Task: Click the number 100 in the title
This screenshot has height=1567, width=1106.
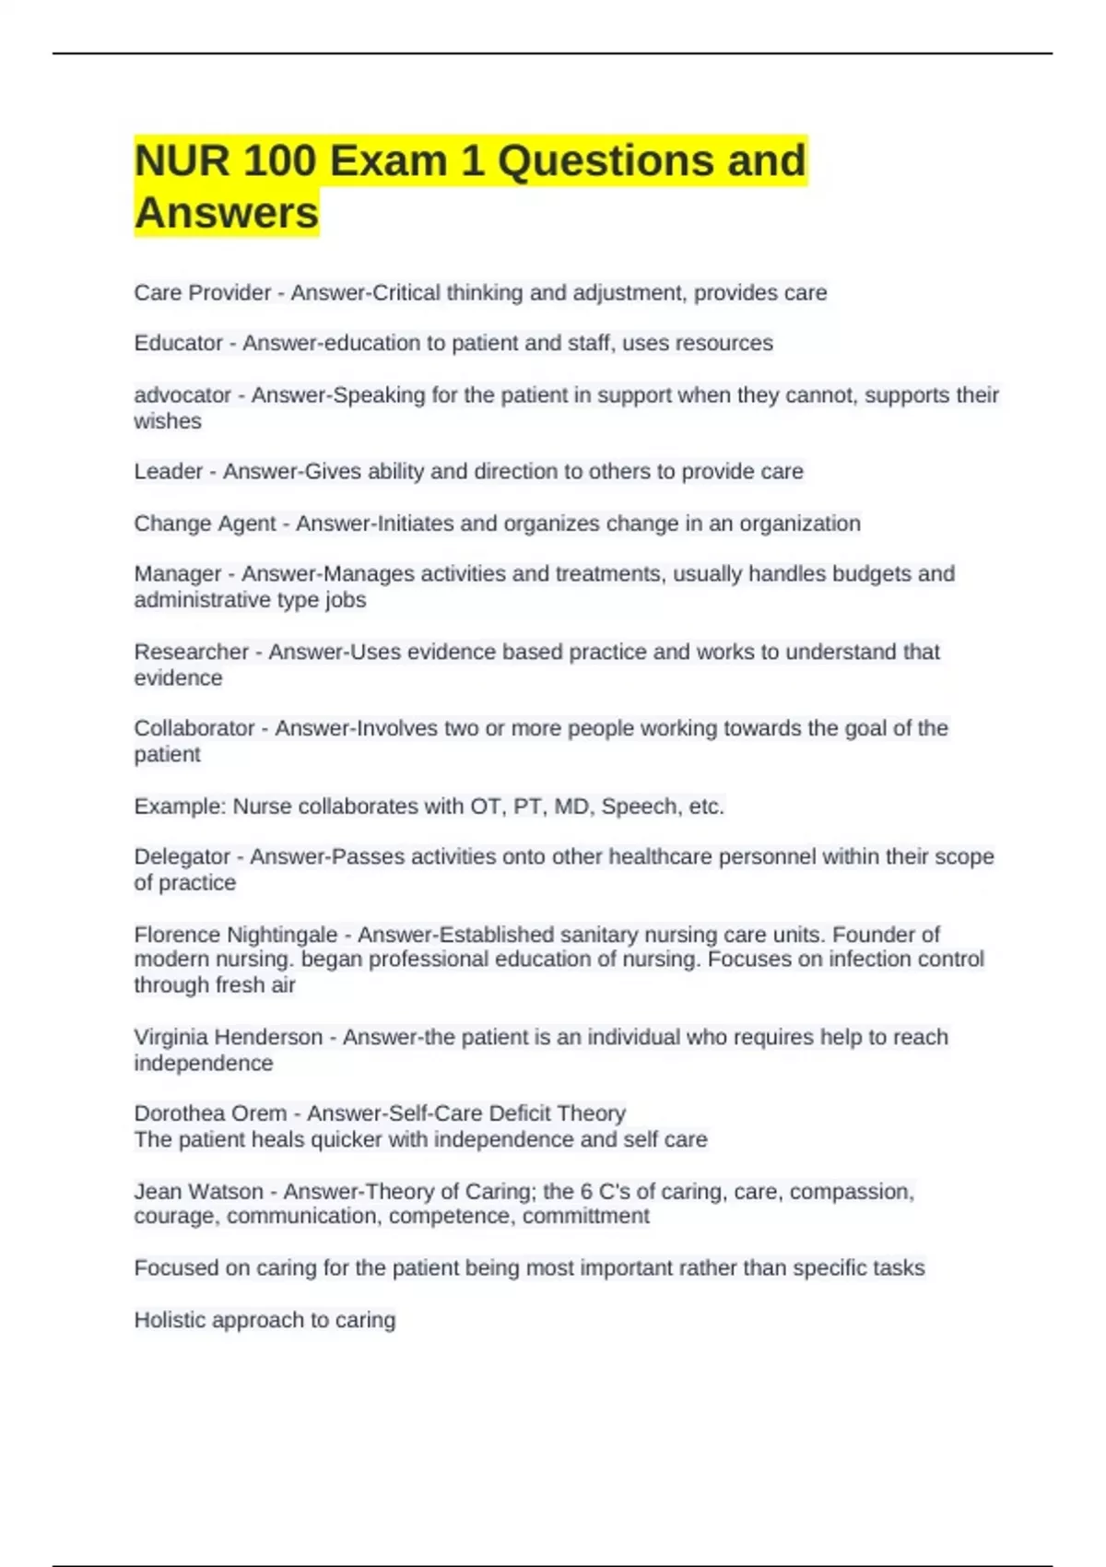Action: click(x=280, y=161)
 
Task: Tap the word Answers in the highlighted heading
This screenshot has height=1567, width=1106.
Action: click(x=227, y=213)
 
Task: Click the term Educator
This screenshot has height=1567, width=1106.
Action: click(x=178, y=343)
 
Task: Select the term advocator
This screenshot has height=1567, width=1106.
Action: click(x=182, y=395)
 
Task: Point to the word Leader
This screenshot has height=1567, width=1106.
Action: click(x=168, y=472)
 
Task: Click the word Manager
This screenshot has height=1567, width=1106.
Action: click(x=177, y=574)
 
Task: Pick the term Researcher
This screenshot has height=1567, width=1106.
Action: click(x=191, y=652)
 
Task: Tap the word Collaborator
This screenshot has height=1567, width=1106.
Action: click(x=194, y=728)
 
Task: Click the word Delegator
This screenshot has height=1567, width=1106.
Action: click(x=182, y=856)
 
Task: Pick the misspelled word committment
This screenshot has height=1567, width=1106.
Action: click(x=585, y=1217)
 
